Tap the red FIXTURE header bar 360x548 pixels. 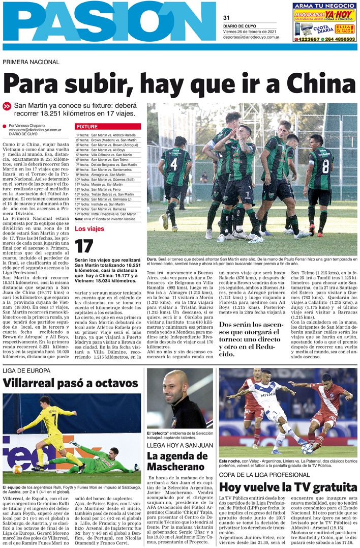(108, 126)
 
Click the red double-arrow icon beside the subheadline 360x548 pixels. (7, 106)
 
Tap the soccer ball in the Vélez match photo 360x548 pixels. (307, 449)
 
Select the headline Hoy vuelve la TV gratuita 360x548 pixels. (288, 487)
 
